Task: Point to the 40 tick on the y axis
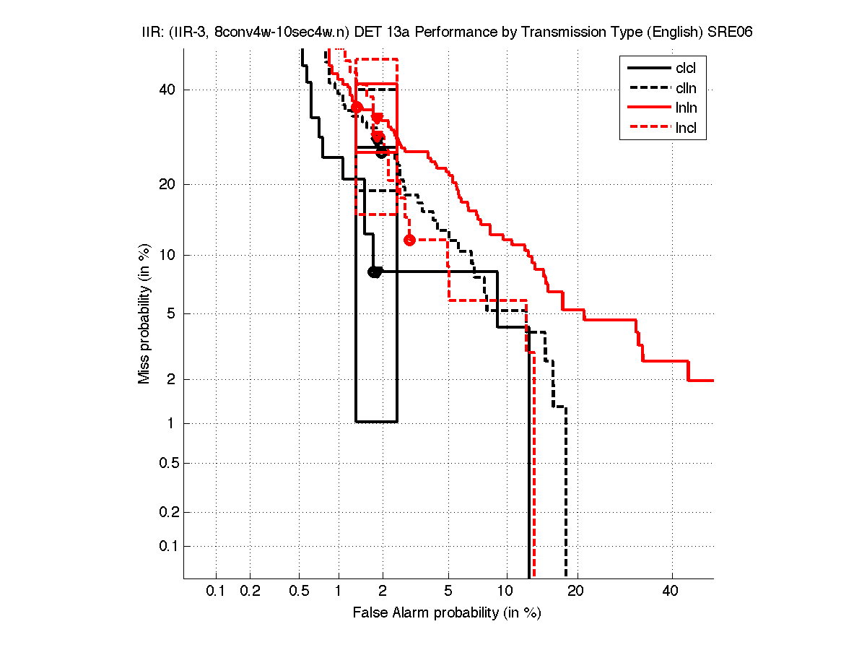point(168,90)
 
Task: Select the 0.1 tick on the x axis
point(217,591)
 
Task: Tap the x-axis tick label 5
point(448,591)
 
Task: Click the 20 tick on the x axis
point(575,591)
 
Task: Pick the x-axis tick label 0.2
point(250,591)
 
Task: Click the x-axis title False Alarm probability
point(447,613)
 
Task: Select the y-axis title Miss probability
point(145,313)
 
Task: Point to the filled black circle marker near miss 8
point(374,272)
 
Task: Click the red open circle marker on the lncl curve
point(409,240)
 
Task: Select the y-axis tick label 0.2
point(168,512)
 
